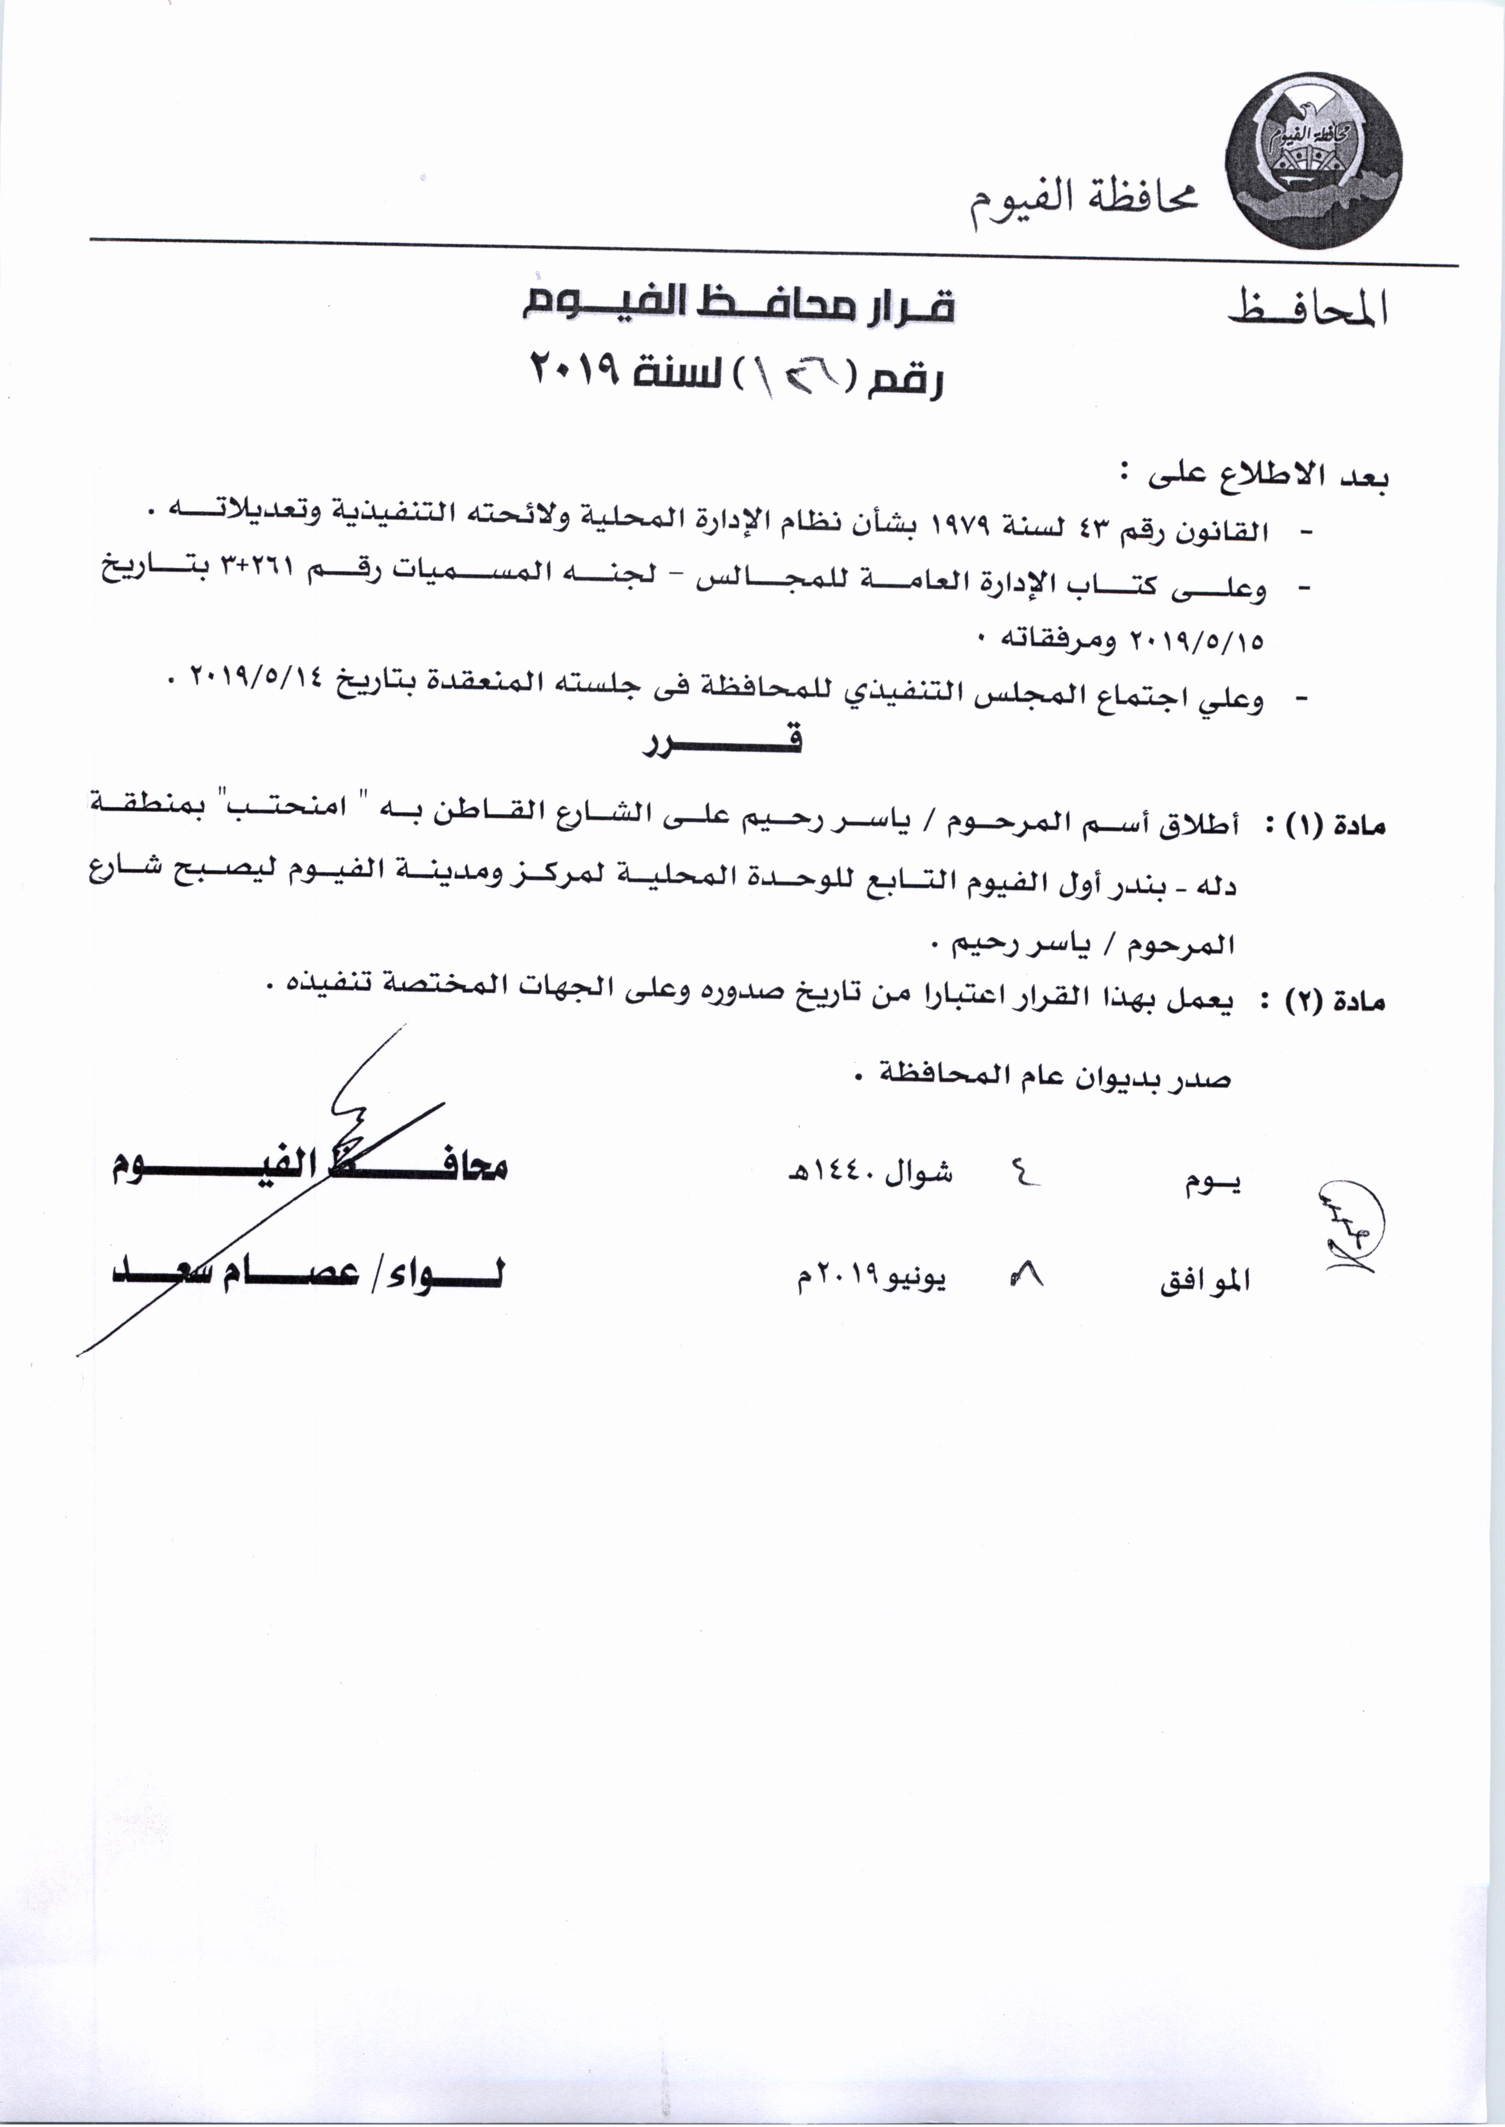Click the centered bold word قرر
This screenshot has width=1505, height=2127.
tap(723, 741)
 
